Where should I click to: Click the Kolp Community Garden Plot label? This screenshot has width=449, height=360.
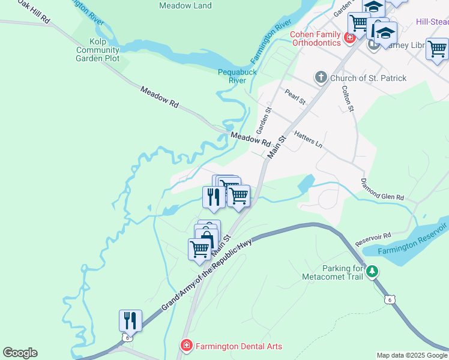pyautogui.click(x=97, y=50)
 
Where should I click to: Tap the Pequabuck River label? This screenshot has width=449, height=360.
pyautogui.click(x=237, y=76)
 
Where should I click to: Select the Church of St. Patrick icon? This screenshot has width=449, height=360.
pyautogui.click(x=321, y=77)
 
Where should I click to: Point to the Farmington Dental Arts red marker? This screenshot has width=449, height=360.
pyautogui.click(x=186, y=346)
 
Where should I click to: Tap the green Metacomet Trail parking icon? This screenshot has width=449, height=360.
pyautogui.click(x=373, y=272)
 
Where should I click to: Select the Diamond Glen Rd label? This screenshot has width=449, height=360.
pyautogui.click(x=382, y=188)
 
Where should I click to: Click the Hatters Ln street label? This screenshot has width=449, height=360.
pyautogui.click(x=308, y=140)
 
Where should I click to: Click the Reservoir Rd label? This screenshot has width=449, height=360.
pyautogui.click(x=373, y=238)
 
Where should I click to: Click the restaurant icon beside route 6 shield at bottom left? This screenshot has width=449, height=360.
pyautogui.click(x=130, y=320)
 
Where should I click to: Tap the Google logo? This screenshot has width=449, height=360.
pyautogui.click(x=20, y=353)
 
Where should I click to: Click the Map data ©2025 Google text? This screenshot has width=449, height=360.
pyautogui.click(x=412, y=355)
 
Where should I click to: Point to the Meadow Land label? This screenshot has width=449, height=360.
pyautogui.click(x=185, y=6)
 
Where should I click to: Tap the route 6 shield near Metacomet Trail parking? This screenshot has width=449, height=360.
pyautogui.click(x=390, y=299)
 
